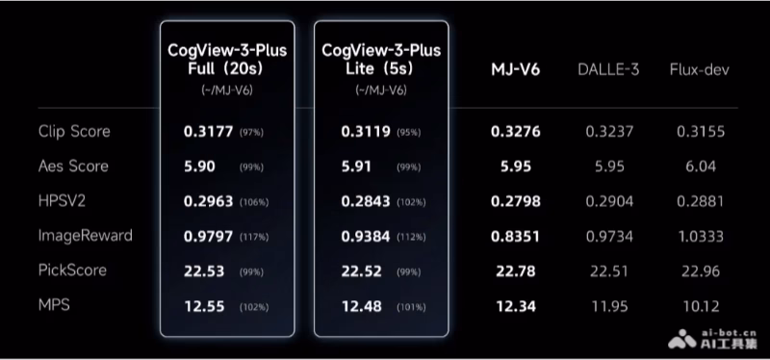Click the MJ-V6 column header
pos(516,69)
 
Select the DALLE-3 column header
pos(608,69)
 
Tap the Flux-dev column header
pos(700,69)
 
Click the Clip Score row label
pos(74,132)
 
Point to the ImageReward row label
pos(86,236)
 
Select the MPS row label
pos(54,305)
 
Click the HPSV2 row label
pos(62,201)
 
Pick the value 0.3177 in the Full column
pos(208,132)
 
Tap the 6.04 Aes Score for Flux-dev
pos(701,167)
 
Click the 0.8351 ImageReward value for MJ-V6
pos(516,237)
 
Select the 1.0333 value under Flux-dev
pos(701,237)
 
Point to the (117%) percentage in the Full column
pos(254,237)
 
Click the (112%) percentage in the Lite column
pos(411,237)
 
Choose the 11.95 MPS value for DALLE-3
pos(609,306)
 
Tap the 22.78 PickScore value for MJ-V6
pos(516,271)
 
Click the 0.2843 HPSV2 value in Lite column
pos(366,201)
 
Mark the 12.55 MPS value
pos(204,306)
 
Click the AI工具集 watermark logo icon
pos(682,339)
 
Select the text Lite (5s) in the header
pos(379,68)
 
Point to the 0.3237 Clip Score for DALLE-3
pos(609,132)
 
